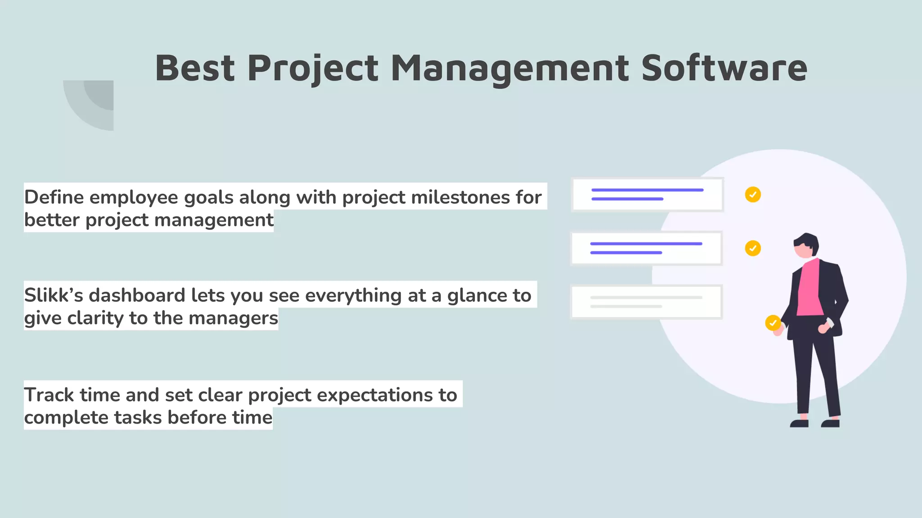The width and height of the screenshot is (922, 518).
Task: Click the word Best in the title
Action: (x=195, y=68)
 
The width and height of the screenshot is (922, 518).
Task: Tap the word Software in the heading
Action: (x=724, y=68)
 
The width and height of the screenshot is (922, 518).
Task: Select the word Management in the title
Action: (x=510, y=68)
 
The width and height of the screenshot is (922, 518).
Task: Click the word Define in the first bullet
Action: (x=54, y=197)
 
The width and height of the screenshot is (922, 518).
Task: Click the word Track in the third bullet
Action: (x=49, y=395)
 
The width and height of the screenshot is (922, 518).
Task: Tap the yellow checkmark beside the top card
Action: (x=753, y=195)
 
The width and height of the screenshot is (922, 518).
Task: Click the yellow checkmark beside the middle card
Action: (x=753, y=248)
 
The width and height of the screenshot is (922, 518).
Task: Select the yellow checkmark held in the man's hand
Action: (x=773, y=323)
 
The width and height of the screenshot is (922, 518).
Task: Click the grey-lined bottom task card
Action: (x=646, y=302)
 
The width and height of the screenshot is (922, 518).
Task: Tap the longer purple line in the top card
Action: (x=647, y=190)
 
